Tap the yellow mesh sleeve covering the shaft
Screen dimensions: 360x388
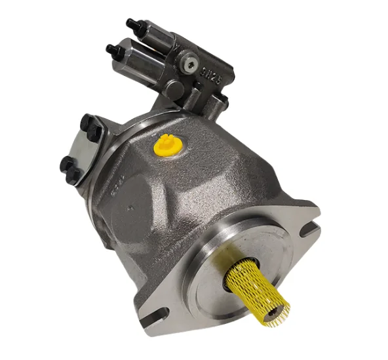[x=258, y=281]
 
